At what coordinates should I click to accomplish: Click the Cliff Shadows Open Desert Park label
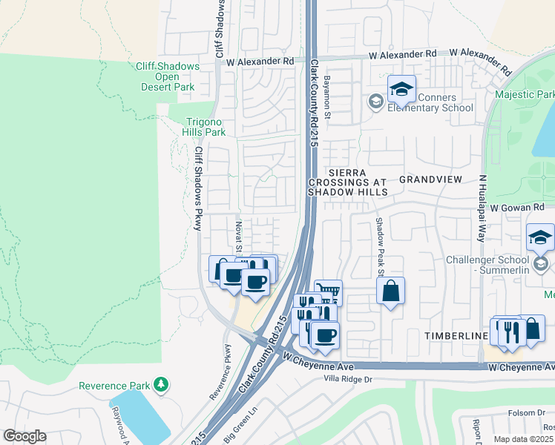[x=168, y=76]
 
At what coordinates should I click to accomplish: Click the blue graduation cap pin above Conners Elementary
[x=401, y=90]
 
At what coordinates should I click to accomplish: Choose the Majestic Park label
[x=525, y=95]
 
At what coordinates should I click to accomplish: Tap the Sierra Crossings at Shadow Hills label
[x=348, y=182]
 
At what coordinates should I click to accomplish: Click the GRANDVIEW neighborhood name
[x=430, y=179]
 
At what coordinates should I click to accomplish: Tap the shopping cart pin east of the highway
[x=328, y=292]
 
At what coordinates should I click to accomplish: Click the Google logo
[x=24, y=435]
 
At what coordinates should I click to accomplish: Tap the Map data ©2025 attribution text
[x=524, y=439]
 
